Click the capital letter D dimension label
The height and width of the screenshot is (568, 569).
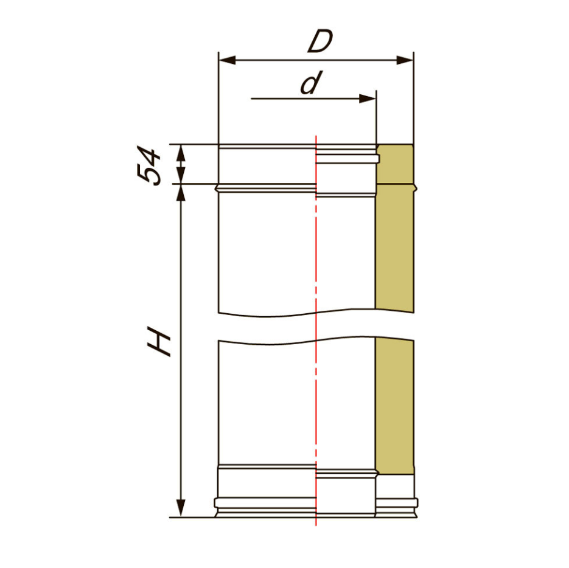320,42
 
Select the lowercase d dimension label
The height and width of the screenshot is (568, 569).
312,82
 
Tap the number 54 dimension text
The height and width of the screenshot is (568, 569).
148,166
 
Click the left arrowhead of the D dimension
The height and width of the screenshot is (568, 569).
227,60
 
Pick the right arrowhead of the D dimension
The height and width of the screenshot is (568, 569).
405,60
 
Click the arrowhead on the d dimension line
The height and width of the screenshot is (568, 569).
368,99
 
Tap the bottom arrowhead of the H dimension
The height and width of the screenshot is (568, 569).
181,508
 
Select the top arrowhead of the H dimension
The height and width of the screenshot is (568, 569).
181,193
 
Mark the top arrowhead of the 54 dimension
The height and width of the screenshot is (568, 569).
181,153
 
